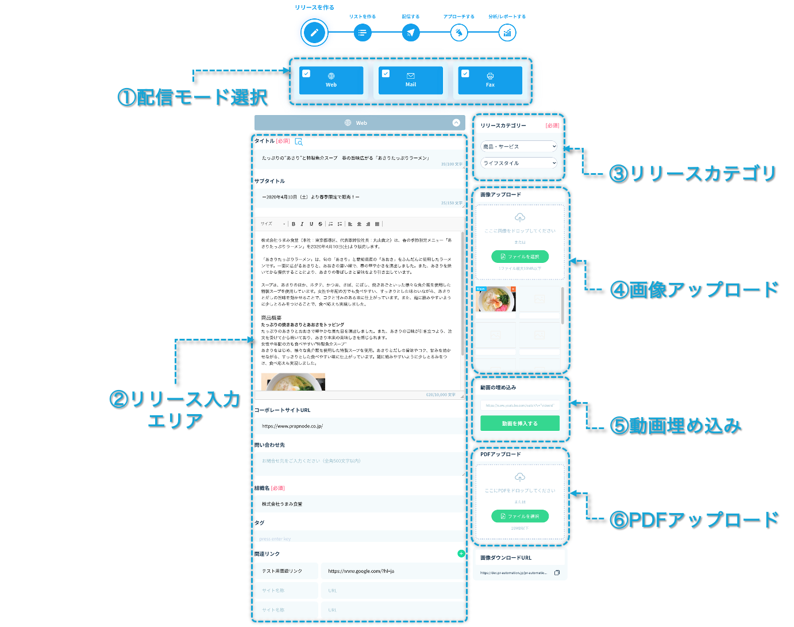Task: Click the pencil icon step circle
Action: (314, 33)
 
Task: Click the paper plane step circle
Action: (410, 33)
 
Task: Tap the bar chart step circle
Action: (507, 33)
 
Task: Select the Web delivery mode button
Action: (332, 81)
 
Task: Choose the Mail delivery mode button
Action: (411, 81)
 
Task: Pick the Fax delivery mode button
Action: (490, 81)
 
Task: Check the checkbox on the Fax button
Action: (465, 74)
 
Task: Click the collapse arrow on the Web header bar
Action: (456, 123)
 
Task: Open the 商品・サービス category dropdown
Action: (519, 147)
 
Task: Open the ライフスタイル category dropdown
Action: (519, 163)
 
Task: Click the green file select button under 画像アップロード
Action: (520, 257)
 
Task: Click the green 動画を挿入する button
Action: (520, 423)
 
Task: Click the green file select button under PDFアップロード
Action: (520, 516)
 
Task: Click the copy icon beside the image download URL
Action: (557, 572)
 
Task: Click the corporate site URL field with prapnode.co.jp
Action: (359, 426)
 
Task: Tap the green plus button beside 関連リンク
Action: (461, 553)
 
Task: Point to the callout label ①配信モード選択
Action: (192, 97)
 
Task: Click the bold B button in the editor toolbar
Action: (294, 224)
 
